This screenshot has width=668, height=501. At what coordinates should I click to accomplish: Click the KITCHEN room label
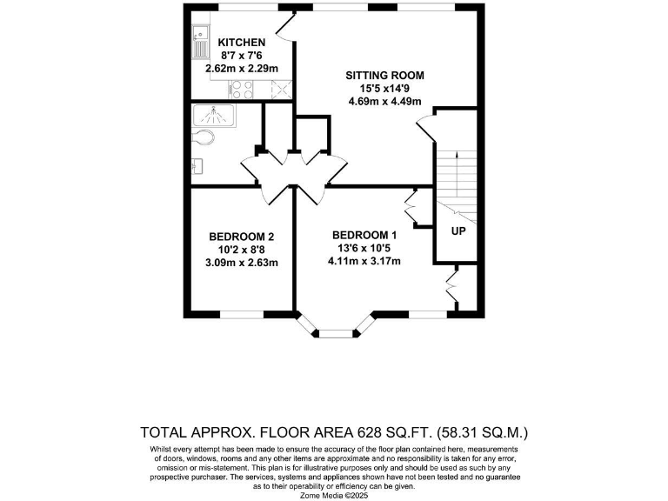(241, 42)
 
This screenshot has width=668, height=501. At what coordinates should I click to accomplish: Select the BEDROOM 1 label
(365, 234)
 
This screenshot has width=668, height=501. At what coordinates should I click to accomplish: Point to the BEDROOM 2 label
(242, 237)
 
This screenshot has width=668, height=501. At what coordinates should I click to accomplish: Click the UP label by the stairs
(457, 232)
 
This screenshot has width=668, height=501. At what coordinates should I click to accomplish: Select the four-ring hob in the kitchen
(242, 88)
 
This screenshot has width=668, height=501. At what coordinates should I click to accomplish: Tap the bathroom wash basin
(197, 165)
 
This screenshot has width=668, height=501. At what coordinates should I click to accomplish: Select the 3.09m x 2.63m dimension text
(242, 263)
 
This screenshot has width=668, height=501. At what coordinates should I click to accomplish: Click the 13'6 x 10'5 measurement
(365, 247)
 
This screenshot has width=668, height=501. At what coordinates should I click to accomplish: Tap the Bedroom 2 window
(242, 314)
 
